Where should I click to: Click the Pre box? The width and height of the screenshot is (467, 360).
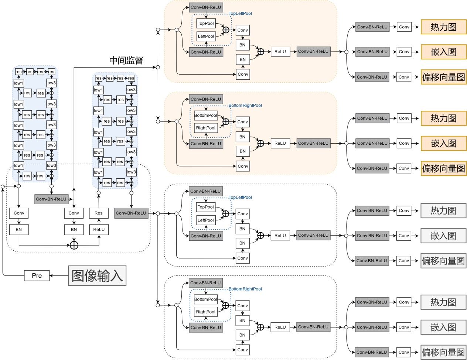pos(37,275)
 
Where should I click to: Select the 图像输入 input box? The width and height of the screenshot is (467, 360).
pos(97,275)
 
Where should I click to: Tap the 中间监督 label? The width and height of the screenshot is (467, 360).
pos(126,60)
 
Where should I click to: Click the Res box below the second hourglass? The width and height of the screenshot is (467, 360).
pos(99,213)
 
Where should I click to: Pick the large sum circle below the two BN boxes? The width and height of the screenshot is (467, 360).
pos(74,245)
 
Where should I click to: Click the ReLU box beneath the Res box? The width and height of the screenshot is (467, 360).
pos(99,229)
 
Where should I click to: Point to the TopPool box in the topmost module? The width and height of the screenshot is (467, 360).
pos(206,24)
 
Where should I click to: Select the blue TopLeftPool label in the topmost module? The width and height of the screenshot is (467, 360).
pos(240,13)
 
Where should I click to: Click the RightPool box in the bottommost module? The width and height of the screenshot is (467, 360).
pos(206,312)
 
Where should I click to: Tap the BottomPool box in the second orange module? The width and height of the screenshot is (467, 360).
pos(206,115)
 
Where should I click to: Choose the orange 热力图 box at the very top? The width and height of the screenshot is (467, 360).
pos(443,27)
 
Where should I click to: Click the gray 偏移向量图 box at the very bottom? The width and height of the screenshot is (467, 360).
pos(443,352)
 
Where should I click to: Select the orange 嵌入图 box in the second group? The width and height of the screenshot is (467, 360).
pos(443,143)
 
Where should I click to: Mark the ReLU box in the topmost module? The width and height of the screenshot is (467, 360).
pos(280,52)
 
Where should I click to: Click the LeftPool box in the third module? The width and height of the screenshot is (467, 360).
pos(206,220)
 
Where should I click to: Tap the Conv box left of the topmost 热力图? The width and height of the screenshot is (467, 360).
pos(404,27)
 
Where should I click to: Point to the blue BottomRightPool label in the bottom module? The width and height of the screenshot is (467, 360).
pos(245,289)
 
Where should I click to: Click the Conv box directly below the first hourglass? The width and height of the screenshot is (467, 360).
pos(19,213)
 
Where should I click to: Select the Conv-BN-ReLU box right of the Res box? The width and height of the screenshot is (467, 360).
pos(131,213)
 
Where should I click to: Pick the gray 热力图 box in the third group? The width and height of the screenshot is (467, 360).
pos(443,211)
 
